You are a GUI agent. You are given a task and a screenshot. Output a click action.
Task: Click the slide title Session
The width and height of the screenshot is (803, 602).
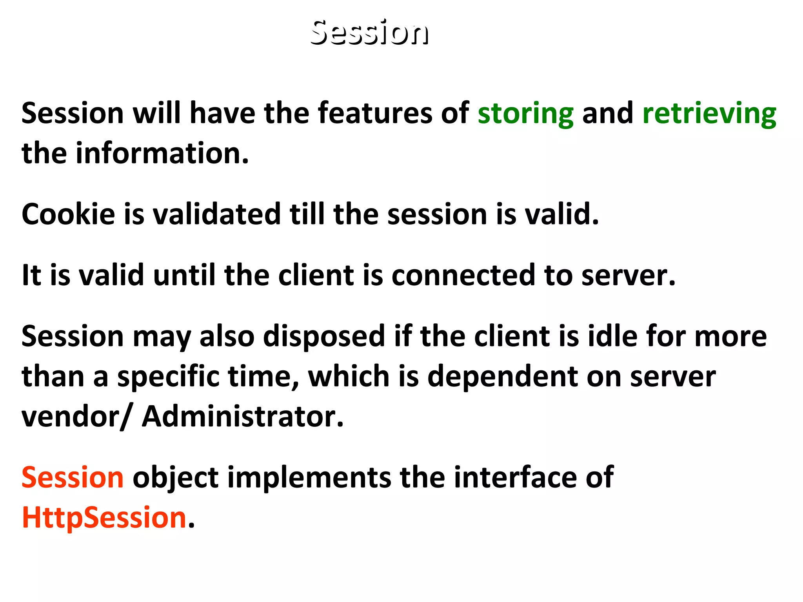(369, 32)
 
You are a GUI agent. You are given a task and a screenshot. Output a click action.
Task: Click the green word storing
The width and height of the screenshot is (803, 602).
(525, 114)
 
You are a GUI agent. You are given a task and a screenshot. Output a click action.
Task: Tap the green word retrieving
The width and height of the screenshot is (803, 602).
(709, 114)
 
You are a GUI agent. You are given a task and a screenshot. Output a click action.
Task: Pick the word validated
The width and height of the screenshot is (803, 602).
(216, 214)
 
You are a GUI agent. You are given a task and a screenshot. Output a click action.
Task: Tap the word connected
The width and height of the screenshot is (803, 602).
(463, 275)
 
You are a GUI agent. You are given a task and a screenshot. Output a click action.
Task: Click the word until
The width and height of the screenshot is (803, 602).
(184, 275)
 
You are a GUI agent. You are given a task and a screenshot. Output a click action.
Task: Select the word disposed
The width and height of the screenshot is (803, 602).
(324, 337)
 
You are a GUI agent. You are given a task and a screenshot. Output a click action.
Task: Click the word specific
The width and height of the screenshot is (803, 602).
(168, 377)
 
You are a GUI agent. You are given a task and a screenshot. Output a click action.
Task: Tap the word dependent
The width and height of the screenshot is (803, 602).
(502, 377)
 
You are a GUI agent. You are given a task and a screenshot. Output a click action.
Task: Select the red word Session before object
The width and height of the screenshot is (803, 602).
(73, 478)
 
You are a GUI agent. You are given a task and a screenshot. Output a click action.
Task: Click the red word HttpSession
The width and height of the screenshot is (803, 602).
(104, 518)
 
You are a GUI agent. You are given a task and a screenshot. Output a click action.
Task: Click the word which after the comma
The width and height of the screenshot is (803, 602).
(348, 376)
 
